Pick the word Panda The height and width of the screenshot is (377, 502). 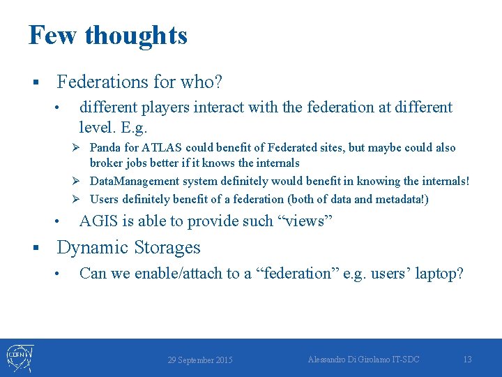coord(105,148)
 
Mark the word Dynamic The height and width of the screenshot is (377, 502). coord(92,248)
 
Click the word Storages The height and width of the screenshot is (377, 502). coord(167,248)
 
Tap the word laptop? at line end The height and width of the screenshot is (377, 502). coord(439,274)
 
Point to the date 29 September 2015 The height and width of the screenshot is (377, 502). coord(200,360)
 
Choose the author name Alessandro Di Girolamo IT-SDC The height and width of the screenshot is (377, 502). coord(364,359)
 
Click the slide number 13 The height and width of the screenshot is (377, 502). coord(467,359)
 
